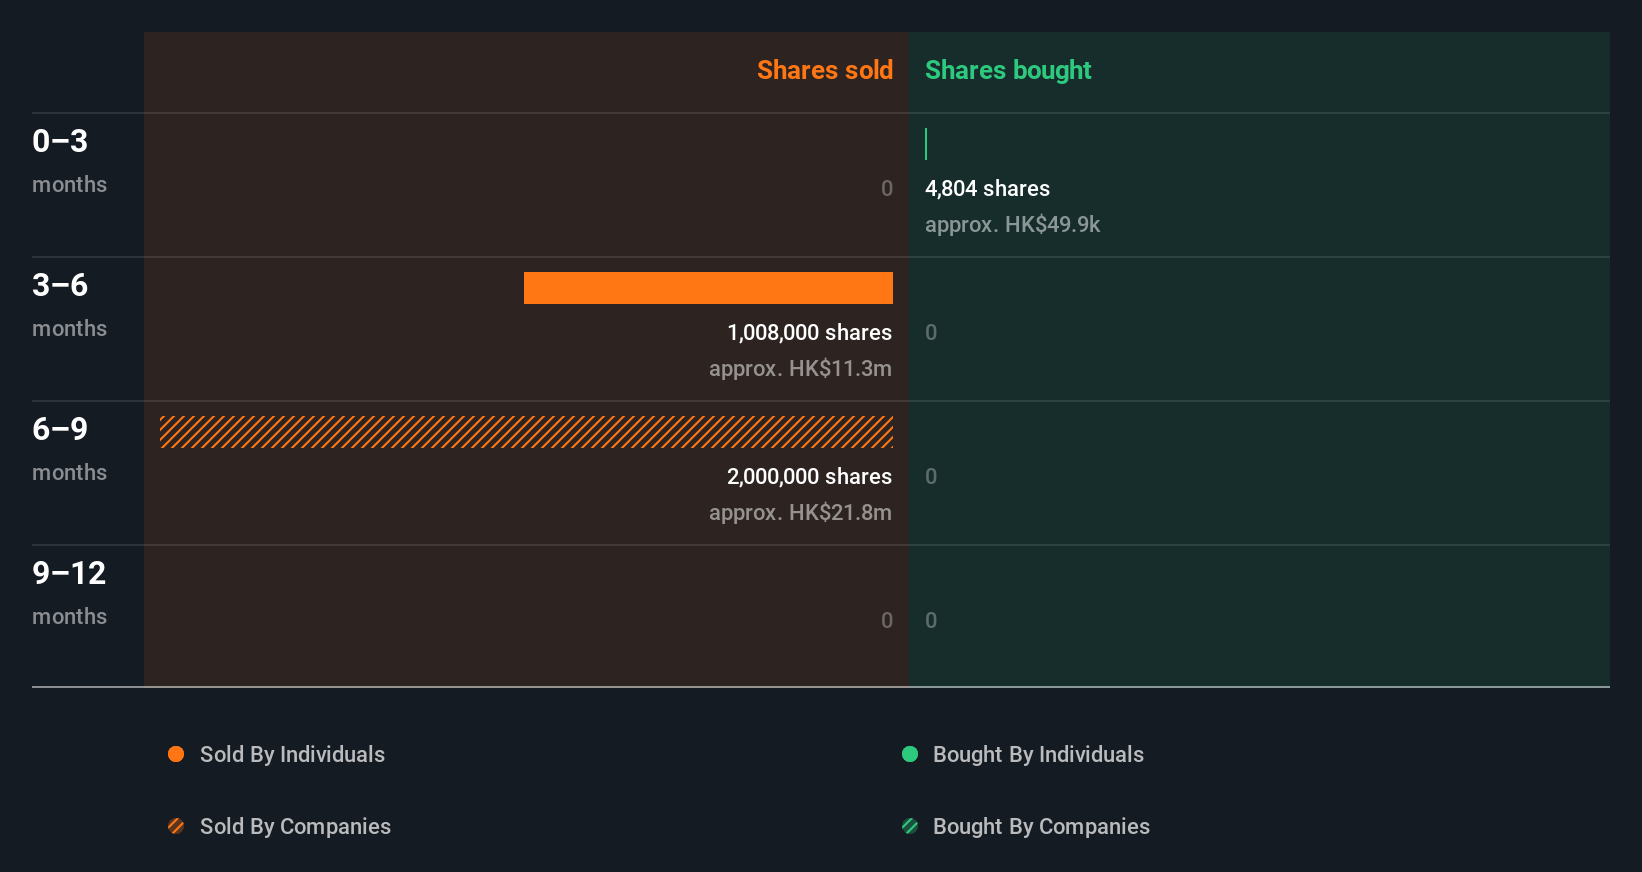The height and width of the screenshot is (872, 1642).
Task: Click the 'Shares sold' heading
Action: tap(824, 70)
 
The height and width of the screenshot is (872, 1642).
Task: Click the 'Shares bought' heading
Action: tap(1007, 70)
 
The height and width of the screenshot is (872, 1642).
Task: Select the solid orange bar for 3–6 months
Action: tap(708, 288)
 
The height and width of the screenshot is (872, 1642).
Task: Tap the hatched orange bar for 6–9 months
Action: tap(526, 432)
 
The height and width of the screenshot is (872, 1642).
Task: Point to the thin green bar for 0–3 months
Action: tap(926, 144)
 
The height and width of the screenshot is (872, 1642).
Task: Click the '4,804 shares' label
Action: tap(987, 189)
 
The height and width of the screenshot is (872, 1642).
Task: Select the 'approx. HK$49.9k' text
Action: tap(1012, 225)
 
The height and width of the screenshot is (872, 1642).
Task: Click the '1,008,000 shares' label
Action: tap(809, 333)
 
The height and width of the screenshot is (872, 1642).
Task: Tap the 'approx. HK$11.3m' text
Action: tap(800, 369)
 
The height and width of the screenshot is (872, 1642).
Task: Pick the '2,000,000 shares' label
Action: tap(809, 477)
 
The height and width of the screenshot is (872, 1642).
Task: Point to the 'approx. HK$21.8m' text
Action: tap(800, 513)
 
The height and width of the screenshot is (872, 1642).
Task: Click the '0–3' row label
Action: tap(60, 141)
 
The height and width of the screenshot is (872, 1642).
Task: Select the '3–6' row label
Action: tap(60, 285)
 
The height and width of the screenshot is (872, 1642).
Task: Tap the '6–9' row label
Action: tap(60, 429)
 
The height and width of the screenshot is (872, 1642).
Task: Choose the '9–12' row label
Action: tap(69, 573)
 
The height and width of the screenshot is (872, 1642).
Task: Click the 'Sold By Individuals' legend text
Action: tap(292, 755)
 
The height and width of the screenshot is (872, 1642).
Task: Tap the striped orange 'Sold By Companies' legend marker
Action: tap(176, 826)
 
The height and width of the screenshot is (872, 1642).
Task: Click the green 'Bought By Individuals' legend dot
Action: tap(910, 754)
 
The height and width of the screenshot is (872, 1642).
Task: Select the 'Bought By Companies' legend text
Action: tap(1041, 827)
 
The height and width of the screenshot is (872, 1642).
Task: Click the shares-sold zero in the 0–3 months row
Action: tap(886, 189)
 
